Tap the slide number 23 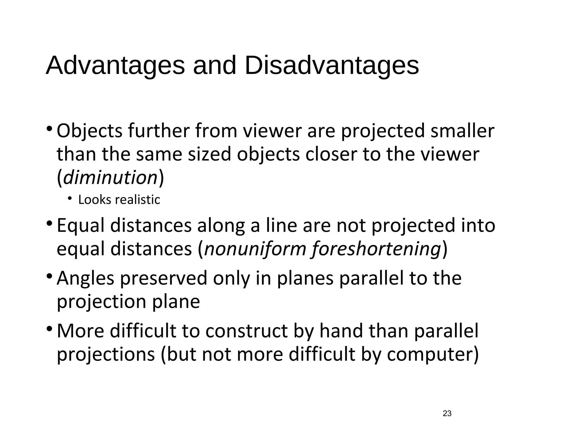[447, 413]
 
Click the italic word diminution [110, 178]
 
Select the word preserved [164, 278]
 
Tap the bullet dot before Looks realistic [70, 199]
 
